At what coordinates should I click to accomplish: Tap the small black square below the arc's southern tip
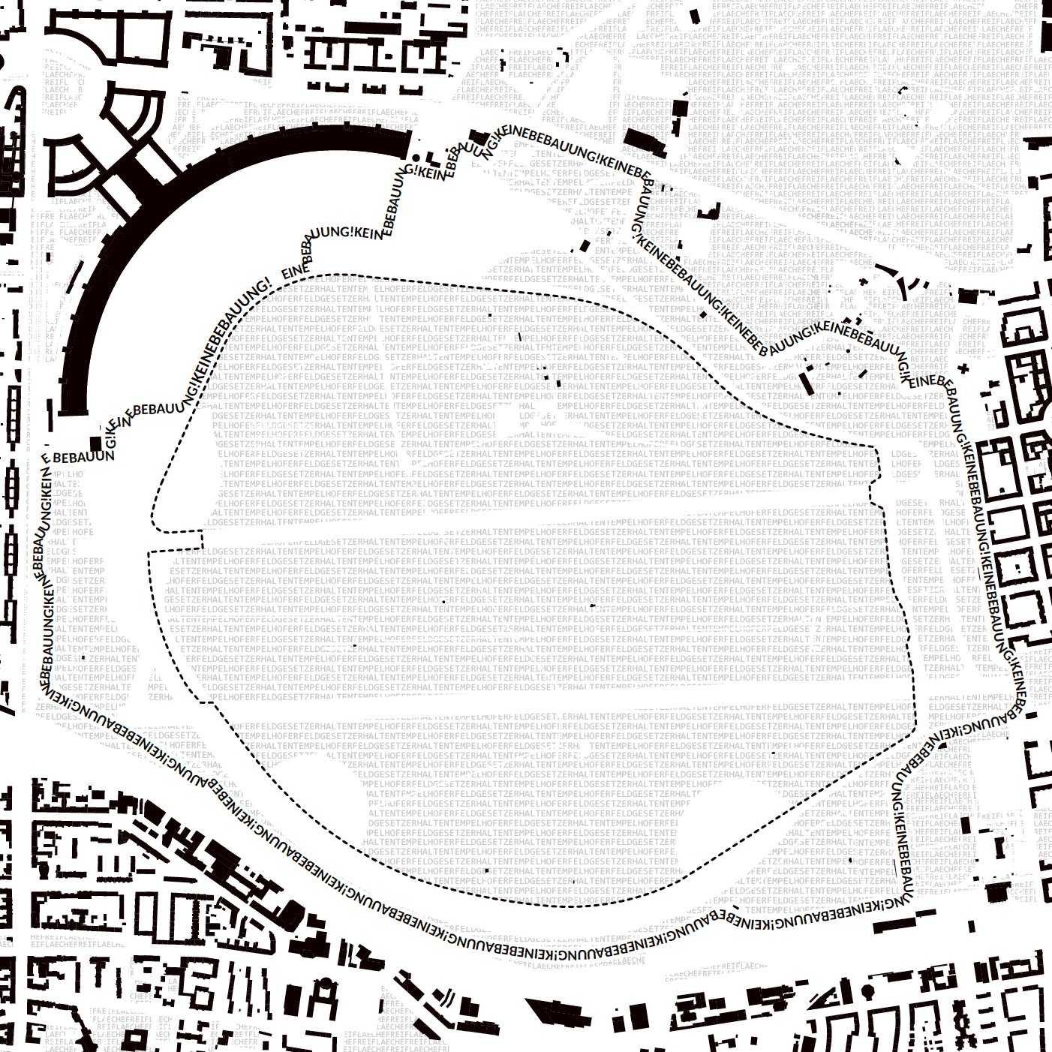[95, 443]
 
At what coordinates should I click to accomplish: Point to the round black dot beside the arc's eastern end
[416, 157]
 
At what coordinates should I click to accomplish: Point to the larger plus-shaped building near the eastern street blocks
[963, 368]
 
